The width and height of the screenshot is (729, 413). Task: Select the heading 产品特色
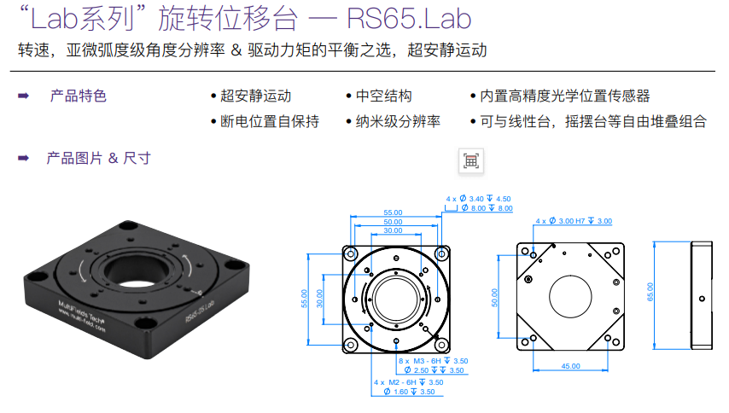point(78,96)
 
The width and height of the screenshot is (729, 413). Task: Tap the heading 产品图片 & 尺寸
point(98,158)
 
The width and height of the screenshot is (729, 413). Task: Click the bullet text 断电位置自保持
point(269,121)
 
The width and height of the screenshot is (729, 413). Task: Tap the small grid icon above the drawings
point(470,160)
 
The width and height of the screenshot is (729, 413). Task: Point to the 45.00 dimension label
point(570,365)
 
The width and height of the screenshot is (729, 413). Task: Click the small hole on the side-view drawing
point(701,298)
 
